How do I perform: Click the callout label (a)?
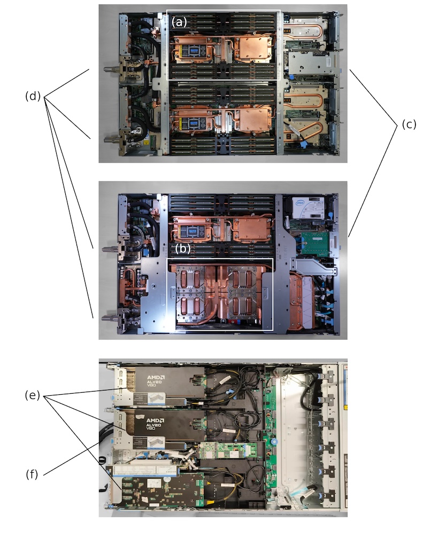click(x=179, y=22)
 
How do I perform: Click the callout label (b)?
click(x=182, y=249)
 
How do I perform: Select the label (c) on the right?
click(x=408, y=124)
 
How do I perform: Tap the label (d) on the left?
click(x=33, y=96)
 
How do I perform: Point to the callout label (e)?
click(x=33, y=395)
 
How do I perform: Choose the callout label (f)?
click(x=32, y=474)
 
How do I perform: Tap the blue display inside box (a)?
click(x=193, y=50)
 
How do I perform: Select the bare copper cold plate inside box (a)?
click(x=253, y=50)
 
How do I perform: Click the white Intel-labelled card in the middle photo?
click(x=309, y=206)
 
